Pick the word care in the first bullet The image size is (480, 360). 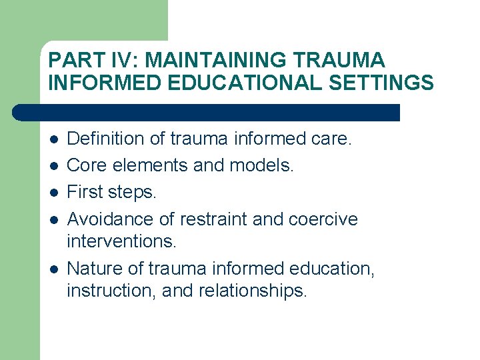[x=331, y=139]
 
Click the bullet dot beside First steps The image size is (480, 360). [x=54, y=193]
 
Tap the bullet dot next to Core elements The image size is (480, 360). [x=54, y=166]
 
